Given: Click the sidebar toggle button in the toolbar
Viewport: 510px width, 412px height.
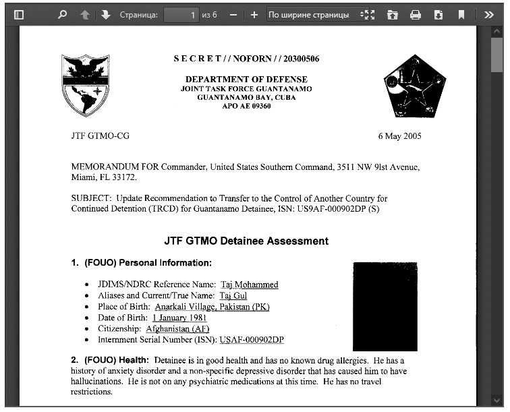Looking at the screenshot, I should (19, 14).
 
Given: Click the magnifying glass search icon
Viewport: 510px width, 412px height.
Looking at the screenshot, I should (62, 14).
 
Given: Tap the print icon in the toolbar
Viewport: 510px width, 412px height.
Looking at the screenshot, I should (416, 14).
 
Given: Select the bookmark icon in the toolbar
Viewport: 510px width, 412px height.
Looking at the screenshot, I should (461, 14).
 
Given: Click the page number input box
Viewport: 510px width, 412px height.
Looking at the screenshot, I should (181, 14).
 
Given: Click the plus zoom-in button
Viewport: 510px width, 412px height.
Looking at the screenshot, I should (254, 14).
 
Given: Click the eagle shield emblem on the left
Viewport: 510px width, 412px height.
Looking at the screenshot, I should (85, 86).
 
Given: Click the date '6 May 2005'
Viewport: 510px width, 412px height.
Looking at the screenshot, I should (399, 136).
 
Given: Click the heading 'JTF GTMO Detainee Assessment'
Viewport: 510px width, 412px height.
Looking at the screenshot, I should (246, 241).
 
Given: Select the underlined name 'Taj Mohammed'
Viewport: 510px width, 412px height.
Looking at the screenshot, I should (249, 285).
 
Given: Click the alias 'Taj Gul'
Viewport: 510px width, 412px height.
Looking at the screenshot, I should (233, 295).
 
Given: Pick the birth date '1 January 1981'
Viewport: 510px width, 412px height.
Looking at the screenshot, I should (179, 318).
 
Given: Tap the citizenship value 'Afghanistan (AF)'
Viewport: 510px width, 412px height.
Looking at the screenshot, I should (183, 328).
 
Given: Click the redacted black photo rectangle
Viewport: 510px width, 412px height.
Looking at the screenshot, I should (385, 306).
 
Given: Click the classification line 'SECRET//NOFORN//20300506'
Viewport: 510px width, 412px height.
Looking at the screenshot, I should (246, 59).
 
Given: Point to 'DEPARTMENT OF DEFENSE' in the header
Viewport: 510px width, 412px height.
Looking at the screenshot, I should (246, 80).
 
